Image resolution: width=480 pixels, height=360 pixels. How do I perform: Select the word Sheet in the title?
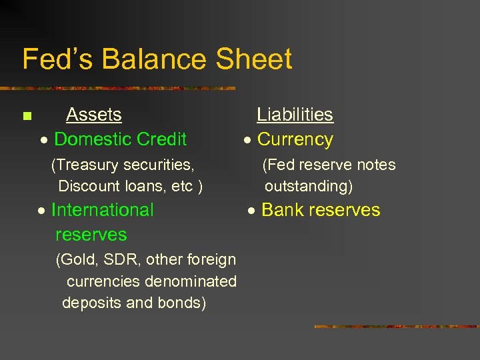click(x=255, y=59)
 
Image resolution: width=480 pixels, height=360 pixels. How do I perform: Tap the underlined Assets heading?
click(x=94, y=115)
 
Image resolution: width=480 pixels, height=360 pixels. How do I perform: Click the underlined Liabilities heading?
click(x=295, y=115)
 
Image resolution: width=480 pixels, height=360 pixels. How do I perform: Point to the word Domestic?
click(x=91, y=139)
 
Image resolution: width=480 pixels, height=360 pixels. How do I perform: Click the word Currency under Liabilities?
click(x=295, y=139)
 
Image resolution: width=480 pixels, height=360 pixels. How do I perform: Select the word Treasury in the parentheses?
click(x=93, y=165)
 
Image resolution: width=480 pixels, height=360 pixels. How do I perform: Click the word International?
click(x=102, y=210)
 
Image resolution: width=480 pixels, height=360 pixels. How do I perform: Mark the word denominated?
click(x=194, y=281)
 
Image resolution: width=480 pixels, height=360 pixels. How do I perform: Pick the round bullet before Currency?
click(x=247, y=141)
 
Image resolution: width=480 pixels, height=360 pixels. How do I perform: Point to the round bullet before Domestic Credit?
click(x=43, y=141)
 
